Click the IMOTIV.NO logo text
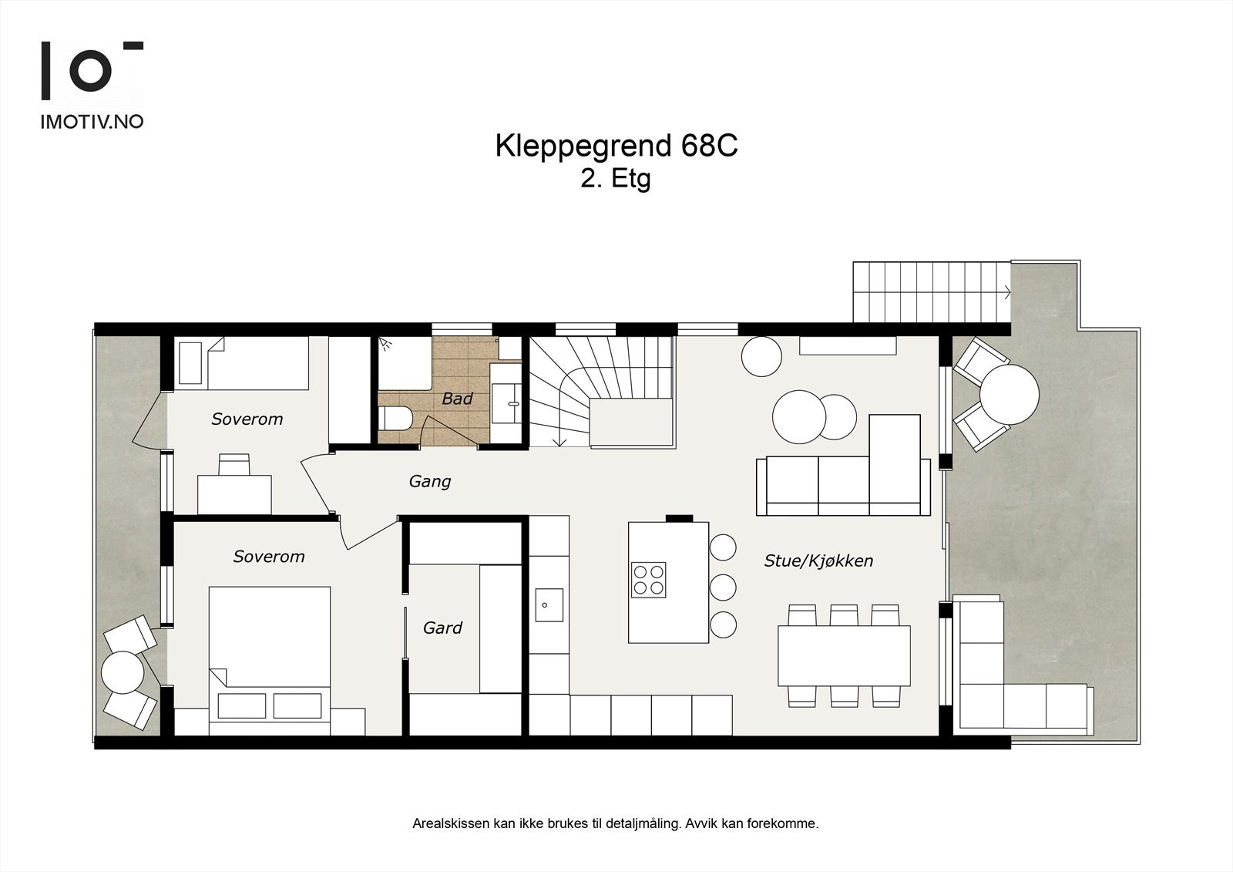91,121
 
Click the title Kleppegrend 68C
616,146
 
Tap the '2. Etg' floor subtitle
616,179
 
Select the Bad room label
457,399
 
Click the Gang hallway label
429,481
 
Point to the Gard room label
442,628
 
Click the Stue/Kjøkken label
818,561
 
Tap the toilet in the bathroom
395,419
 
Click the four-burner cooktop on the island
648,579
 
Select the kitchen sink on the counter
549,604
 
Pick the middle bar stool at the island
723,587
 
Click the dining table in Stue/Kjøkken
844,656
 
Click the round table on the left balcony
123,672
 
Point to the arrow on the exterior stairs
1006,291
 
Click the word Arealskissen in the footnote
450,823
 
